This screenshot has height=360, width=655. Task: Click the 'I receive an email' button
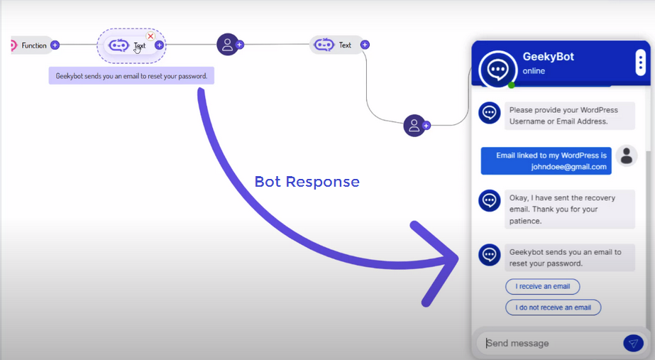tap(542, 286)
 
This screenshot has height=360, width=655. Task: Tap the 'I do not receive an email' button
tap(553, 307)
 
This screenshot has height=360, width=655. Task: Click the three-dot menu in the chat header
tap(640, 62)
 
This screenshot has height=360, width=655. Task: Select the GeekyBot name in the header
tap(548, 57)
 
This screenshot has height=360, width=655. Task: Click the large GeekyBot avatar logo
tap(497, 69)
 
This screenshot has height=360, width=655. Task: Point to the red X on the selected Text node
tap(150, 36)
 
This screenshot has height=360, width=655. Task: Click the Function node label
tap(33, 45)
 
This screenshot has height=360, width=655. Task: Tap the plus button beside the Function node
tap(55, 45)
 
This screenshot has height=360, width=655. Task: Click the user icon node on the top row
tap(227, 44)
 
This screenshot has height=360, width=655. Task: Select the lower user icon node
tap(414, 126)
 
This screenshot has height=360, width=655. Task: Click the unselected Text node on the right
tap(336, 45)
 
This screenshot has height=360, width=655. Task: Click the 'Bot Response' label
tap(307, 182)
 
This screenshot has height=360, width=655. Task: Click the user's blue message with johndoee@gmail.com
tap(546, 161)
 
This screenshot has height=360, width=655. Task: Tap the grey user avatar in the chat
tap(626, 156)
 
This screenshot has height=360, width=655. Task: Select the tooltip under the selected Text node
tap(131, 76)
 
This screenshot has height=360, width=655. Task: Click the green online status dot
tap(511, 85)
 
